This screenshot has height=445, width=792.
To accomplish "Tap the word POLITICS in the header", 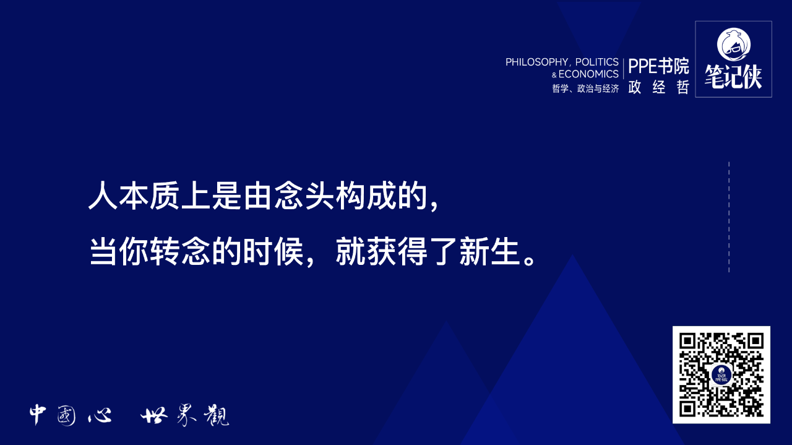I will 597,62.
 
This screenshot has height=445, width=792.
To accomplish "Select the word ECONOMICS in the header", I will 588,74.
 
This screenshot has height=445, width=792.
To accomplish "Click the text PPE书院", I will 658,66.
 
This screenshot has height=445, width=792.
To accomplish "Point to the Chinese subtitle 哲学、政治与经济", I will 585,89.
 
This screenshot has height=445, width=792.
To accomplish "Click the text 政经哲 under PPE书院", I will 658,87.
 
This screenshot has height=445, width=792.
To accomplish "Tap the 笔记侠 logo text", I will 733,77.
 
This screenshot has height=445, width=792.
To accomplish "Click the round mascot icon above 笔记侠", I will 733,43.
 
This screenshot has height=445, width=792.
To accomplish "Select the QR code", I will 721,374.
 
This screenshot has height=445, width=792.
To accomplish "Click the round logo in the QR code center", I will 721,375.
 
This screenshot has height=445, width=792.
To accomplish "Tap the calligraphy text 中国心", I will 71,415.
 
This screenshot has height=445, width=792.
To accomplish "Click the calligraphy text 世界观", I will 184,415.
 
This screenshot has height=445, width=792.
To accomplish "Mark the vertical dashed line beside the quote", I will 729,217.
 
